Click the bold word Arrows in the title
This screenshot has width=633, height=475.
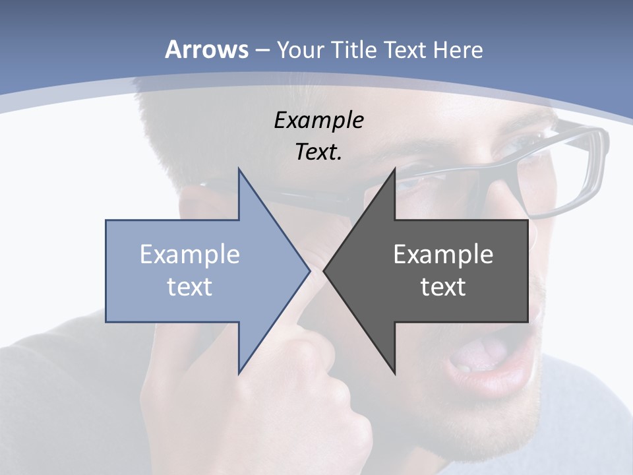206,49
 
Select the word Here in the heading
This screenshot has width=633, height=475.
458,50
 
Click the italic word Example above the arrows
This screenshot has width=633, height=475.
318,120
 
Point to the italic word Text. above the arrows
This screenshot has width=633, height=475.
318,152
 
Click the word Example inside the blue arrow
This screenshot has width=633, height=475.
190,254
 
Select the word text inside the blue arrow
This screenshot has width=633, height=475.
190,286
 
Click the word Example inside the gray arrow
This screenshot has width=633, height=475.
443,254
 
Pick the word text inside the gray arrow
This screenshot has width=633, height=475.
443,286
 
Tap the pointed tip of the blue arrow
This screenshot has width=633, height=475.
309,270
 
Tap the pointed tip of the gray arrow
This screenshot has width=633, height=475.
324,270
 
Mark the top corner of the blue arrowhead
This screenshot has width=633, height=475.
239,169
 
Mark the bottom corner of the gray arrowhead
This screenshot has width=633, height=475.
394,373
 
